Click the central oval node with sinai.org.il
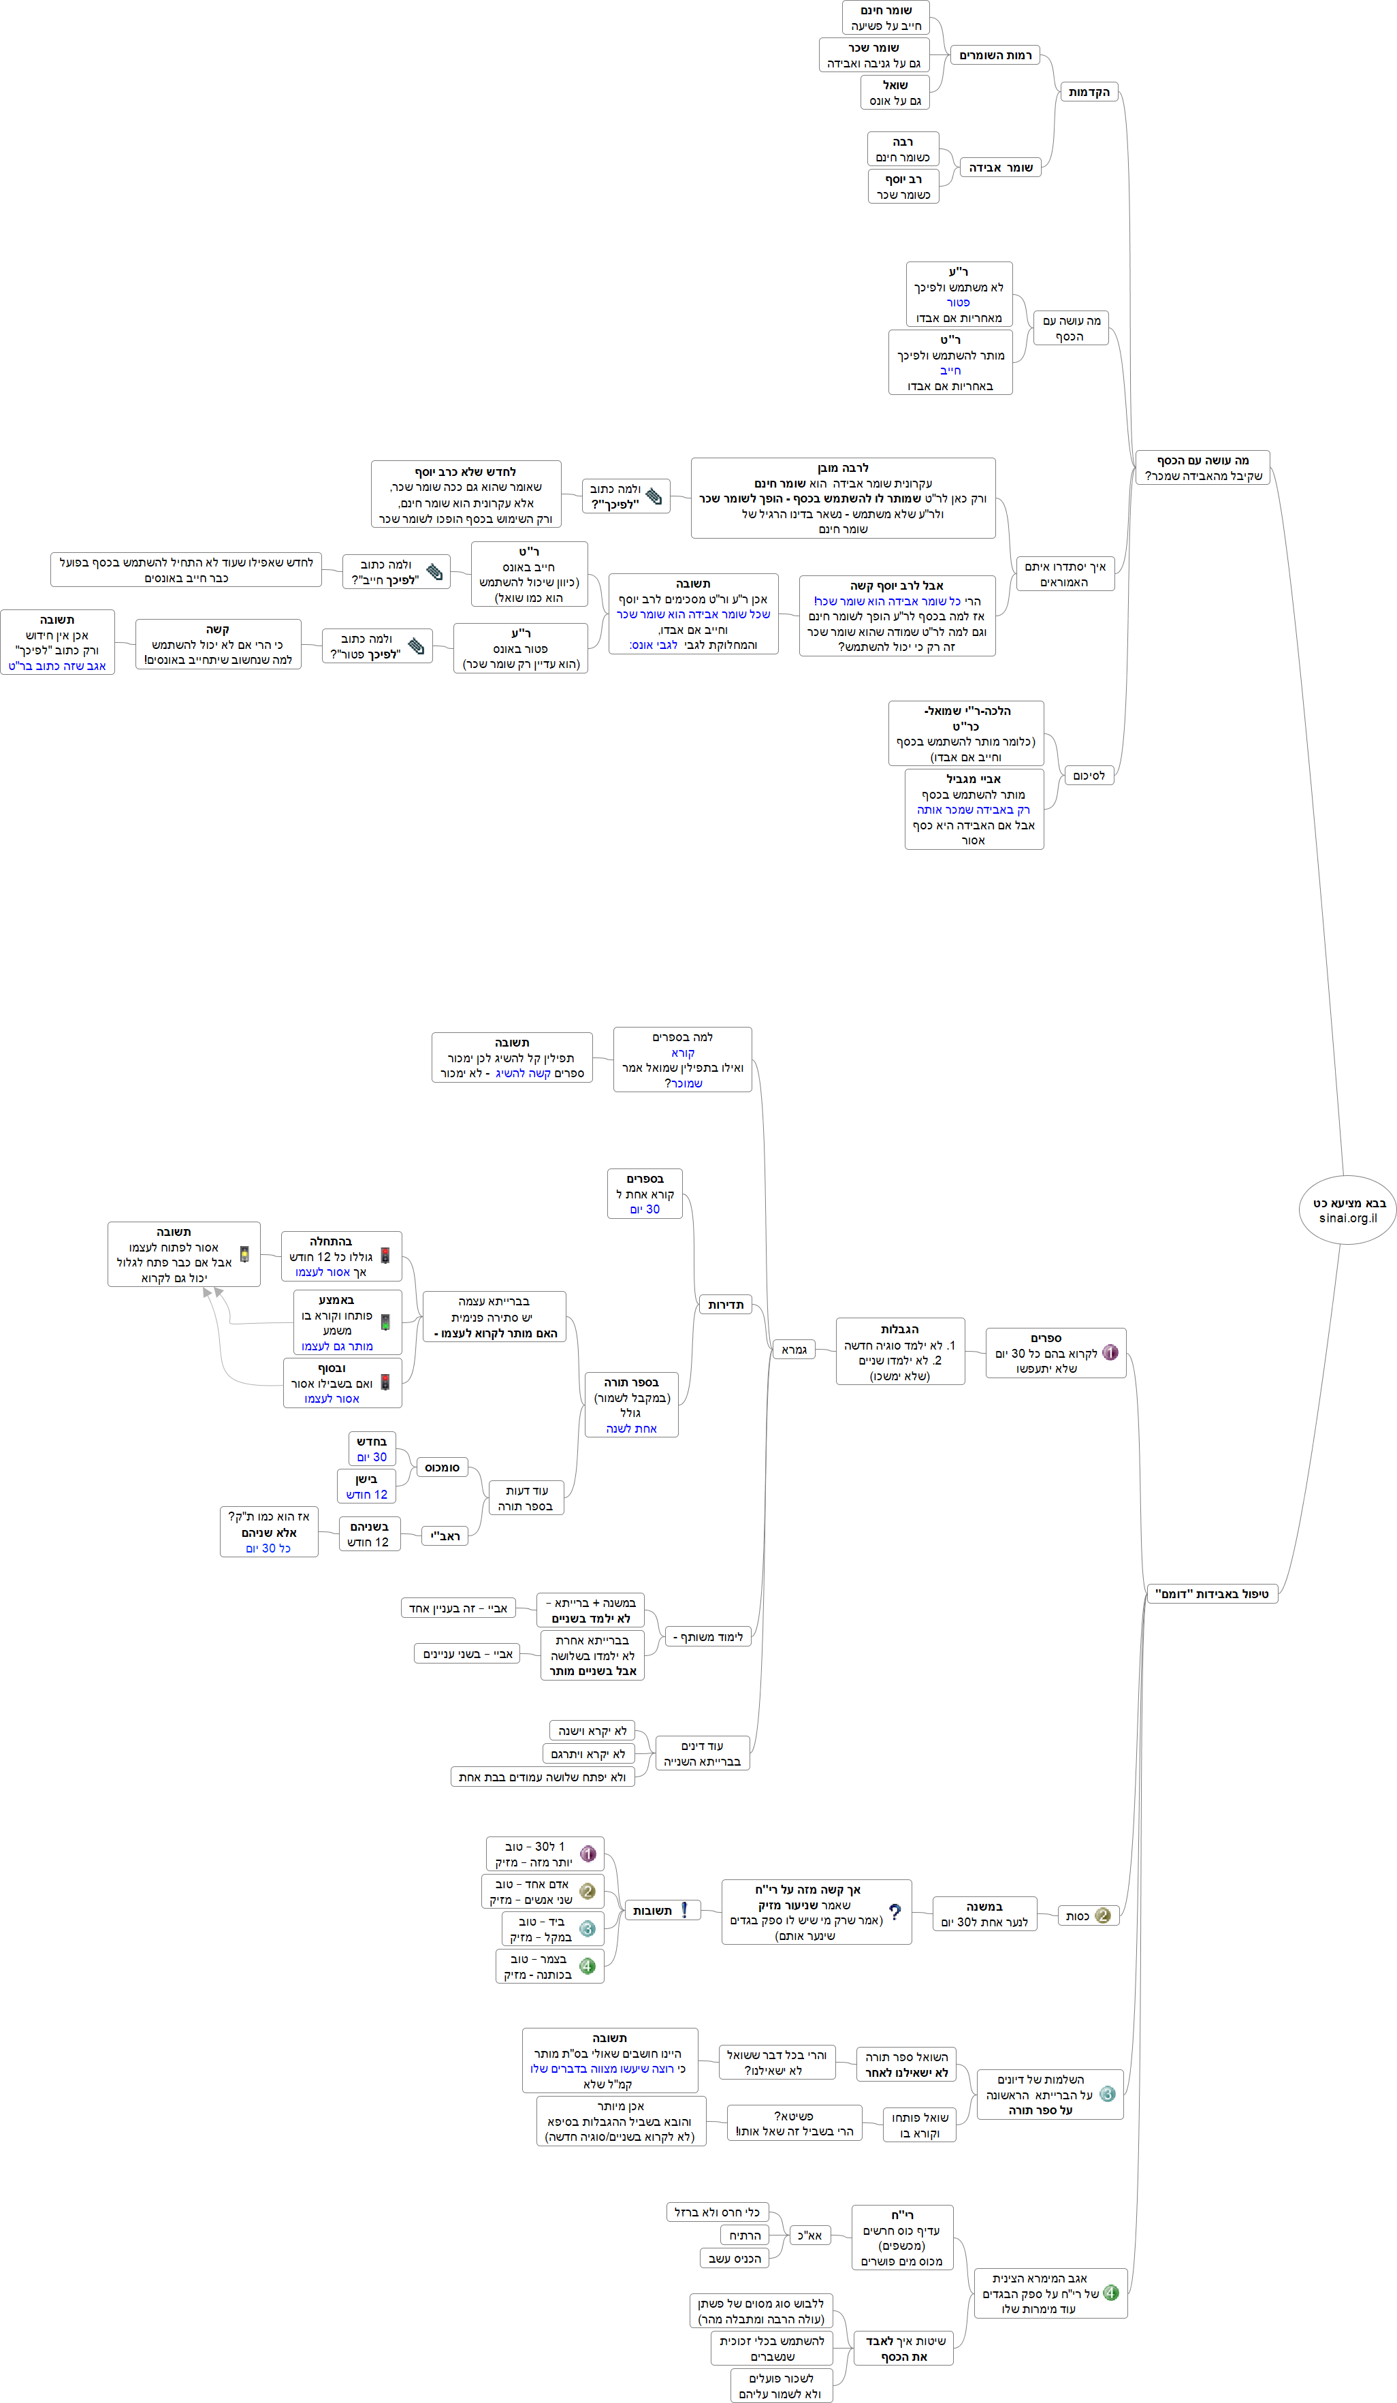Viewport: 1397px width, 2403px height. click(1347, 1209)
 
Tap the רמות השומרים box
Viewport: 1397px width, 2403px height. click(995, 55)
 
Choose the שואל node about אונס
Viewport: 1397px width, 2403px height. click(895, 93)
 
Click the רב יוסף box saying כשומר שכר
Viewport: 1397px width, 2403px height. click(903, 187)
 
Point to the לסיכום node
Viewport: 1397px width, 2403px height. click(1088, 776)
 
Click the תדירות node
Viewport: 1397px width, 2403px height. click(726, 1305)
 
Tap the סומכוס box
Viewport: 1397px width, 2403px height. click(442, 1467)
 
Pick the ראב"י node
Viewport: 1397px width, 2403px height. click(445, 1536)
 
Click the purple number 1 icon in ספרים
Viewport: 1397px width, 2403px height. click(1110, 1352)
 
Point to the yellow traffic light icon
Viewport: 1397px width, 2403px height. click(244, 1255)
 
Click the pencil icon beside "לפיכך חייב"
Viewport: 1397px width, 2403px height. click(434, 572)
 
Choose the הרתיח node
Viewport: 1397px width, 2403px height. click(745, 2235)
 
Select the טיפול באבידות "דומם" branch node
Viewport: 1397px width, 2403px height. click(1211, 1593)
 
